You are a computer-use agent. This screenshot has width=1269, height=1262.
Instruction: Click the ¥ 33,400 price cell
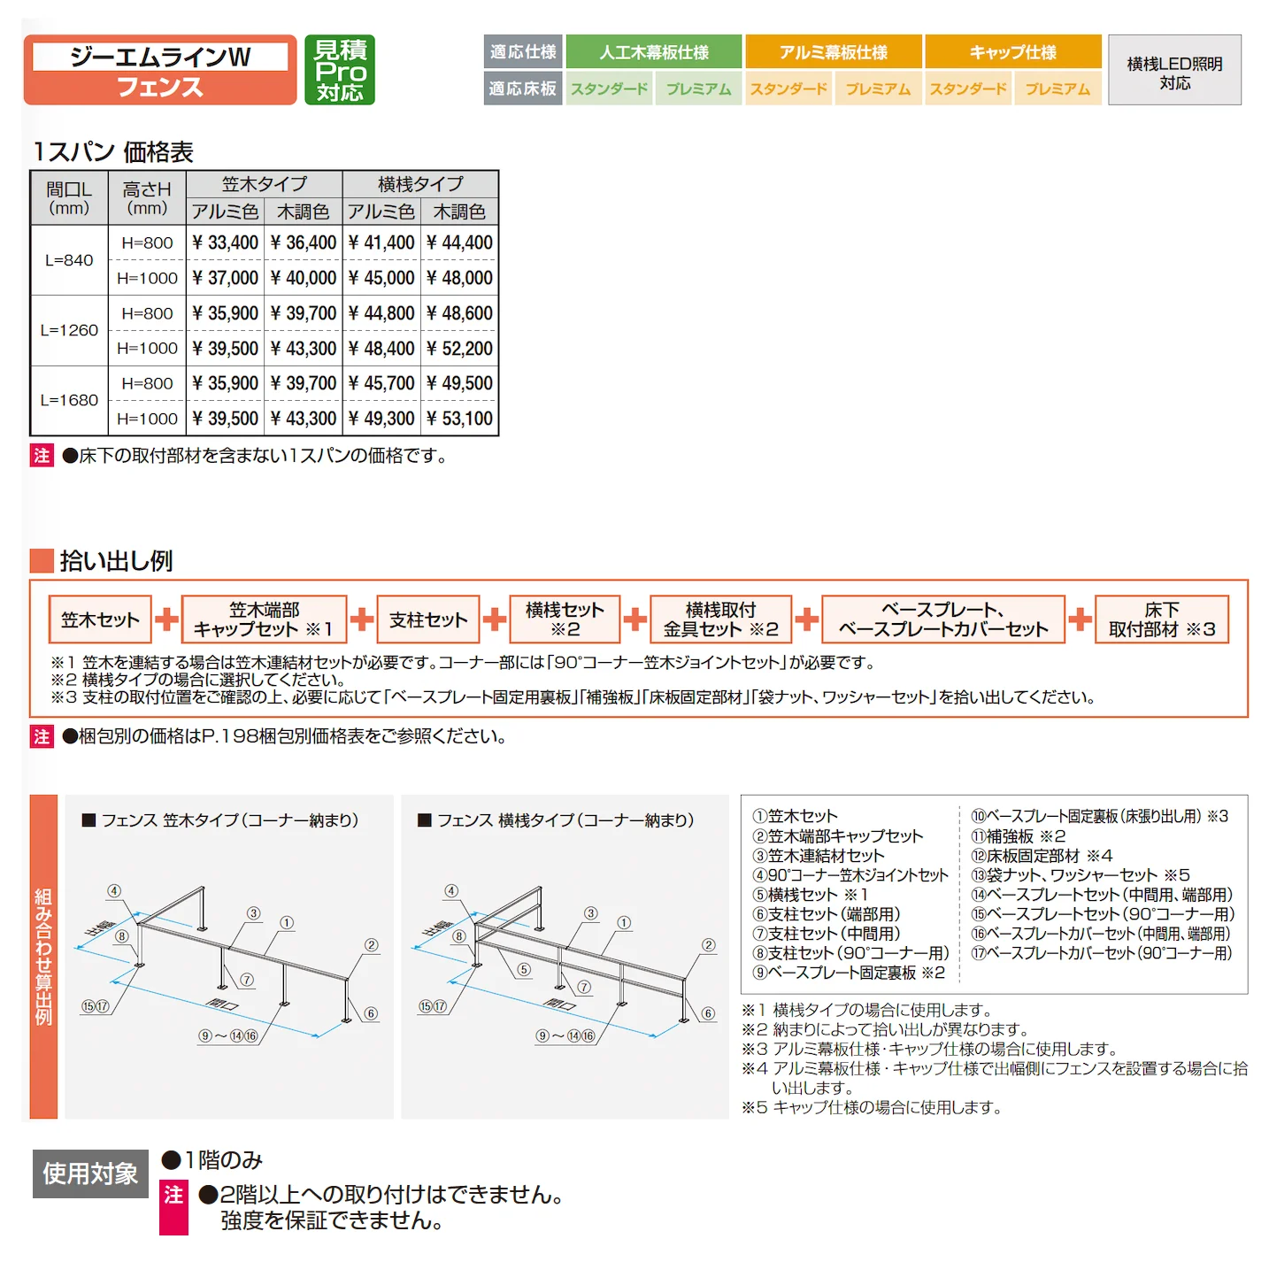(x=226, y=242)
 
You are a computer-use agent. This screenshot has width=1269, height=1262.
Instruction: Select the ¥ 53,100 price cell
(x=459, y=419)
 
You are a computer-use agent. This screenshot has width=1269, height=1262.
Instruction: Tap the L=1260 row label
(x=69, y=330)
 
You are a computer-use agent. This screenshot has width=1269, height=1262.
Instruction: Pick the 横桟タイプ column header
(x=420, y=184)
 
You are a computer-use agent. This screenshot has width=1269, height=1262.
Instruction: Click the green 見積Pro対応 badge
(x=339, y=70)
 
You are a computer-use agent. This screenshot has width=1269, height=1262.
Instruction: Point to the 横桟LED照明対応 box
(x=1174, y=70)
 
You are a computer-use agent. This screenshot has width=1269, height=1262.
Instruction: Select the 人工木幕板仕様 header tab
(x=653, y=51)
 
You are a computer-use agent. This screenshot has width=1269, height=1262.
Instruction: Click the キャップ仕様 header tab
(x=1013, y=51)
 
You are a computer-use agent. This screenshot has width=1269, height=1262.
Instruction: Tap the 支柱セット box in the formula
(x=428, y=619)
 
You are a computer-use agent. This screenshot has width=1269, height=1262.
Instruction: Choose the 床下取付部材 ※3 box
(x=1162, y=619)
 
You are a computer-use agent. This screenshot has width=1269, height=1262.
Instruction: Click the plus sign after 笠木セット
(x=166, y=619)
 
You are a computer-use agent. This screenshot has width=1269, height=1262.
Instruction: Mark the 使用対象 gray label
(x=90, y=1174)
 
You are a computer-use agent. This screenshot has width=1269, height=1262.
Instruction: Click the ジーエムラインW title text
(x=160, y=57)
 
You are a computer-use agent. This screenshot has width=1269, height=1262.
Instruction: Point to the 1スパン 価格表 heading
(x=113, y=152)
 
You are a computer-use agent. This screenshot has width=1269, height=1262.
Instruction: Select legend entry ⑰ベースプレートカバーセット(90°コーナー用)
(x=1101, y=953)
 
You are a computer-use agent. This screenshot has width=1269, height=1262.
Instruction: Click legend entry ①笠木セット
(x=795, y=816)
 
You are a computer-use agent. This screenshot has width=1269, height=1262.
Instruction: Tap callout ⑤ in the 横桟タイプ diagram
(x=524, y=969)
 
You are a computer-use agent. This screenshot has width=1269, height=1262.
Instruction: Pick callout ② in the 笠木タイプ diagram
(x=372, y=945)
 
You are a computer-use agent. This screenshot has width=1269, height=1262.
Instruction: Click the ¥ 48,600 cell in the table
(x=459, y=313)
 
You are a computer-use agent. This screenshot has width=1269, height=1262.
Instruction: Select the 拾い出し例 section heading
(x=116, y=560)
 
